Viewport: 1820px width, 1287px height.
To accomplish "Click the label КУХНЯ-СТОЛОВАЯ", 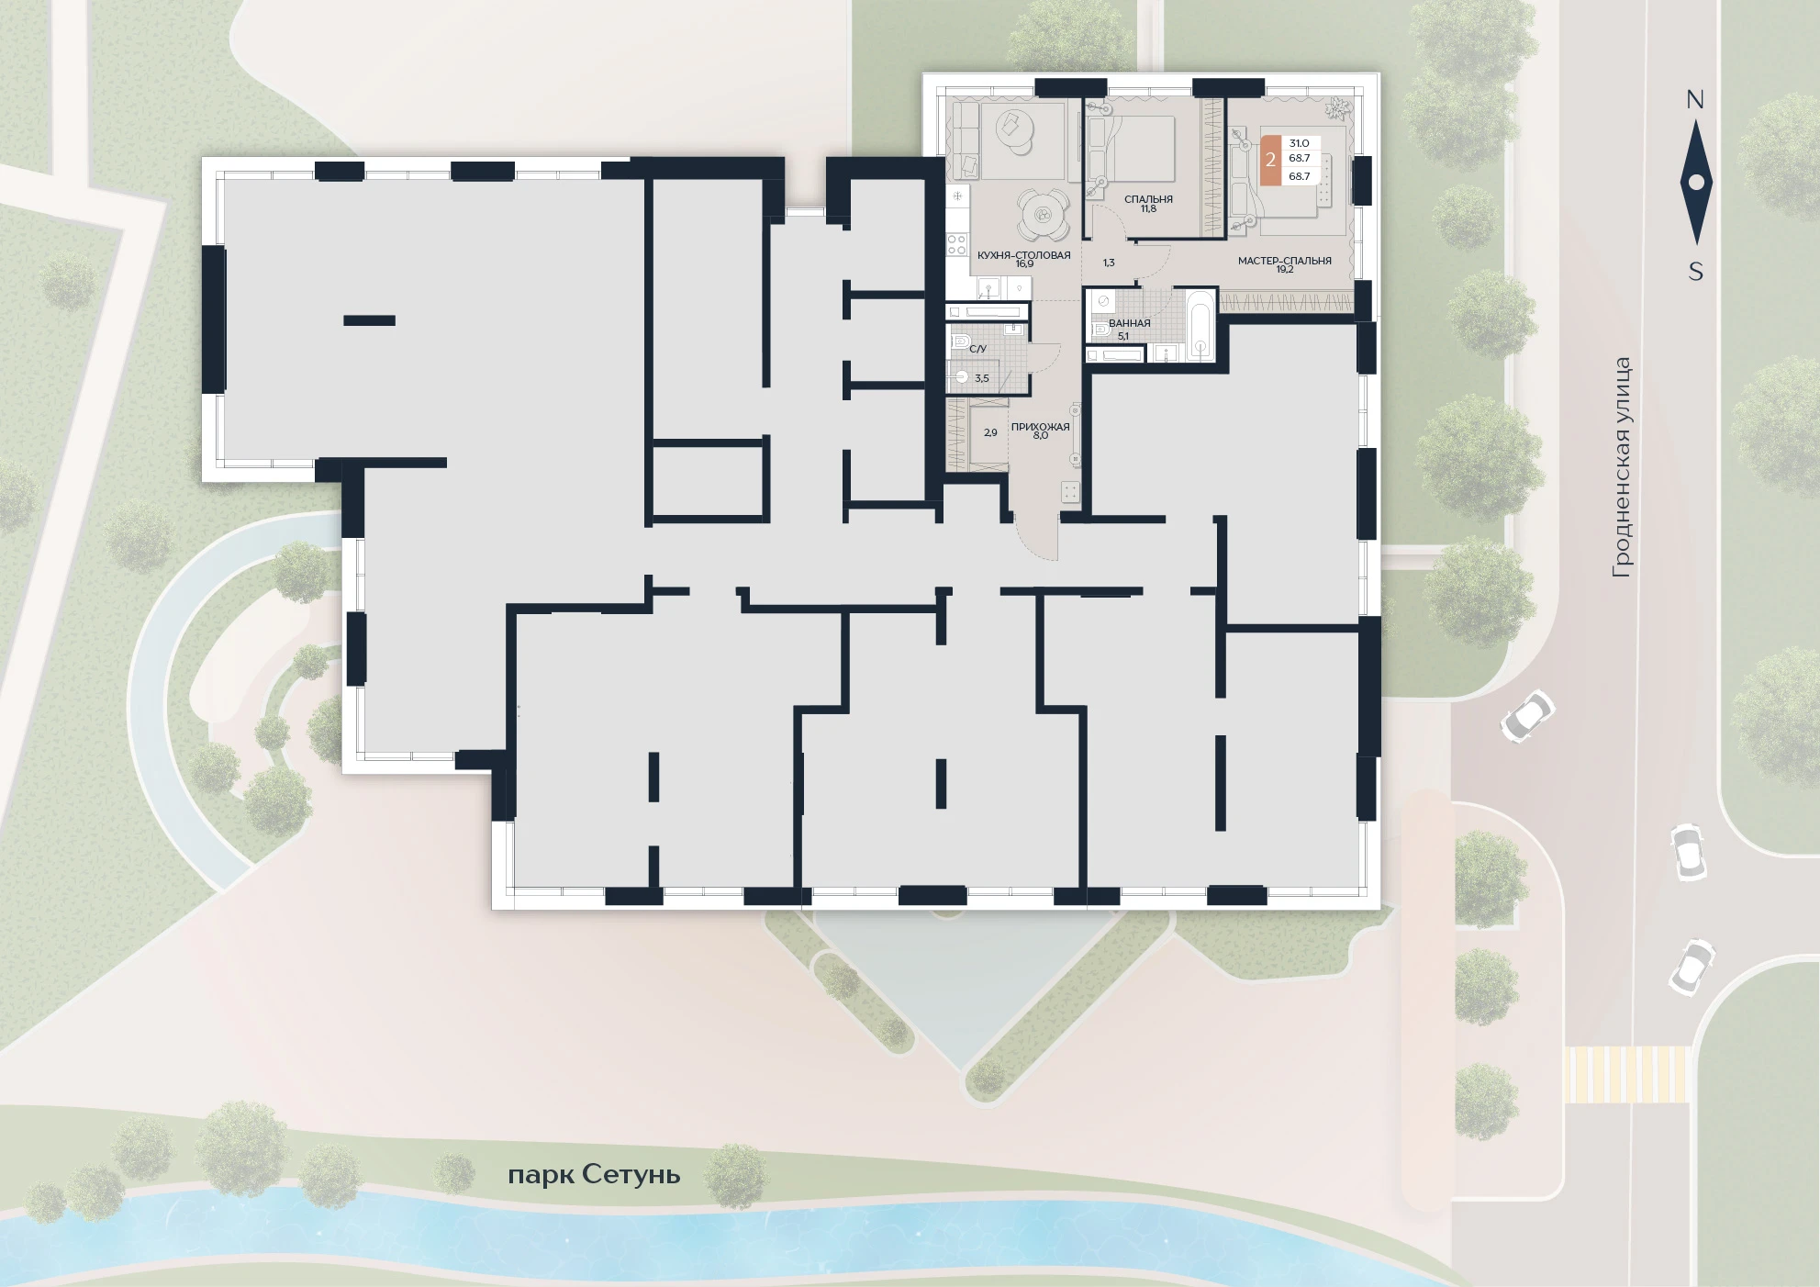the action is pos(1023,255).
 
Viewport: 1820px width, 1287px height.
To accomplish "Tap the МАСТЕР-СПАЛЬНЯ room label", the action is pos(1284,261).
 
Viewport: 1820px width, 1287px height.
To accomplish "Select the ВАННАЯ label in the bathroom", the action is pos(1129,323).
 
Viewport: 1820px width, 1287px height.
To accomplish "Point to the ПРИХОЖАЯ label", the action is pos(1040,427).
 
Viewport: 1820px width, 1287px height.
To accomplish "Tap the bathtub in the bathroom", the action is pos(1200,327).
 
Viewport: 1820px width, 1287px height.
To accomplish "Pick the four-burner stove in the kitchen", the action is pos(957,244).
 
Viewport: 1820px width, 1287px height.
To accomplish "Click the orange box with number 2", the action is pos(1270,160).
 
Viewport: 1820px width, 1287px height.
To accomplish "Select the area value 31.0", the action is pos(1299,143).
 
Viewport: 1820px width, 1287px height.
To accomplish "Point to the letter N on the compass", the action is pos(1695,100).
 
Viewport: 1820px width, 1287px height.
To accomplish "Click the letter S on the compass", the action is pos(1696,272).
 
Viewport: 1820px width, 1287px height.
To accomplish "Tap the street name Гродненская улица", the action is pos(1623,467).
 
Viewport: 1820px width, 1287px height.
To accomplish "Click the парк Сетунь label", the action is pos(594,1175).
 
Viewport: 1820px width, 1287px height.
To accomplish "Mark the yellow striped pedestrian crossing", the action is pos(1626,1074).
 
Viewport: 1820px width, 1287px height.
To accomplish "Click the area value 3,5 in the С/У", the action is pos(982,378).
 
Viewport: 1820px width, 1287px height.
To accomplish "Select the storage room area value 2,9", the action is pos(990,432).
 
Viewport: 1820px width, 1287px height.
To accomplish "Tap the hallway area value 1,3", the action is pos(1109,263).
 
